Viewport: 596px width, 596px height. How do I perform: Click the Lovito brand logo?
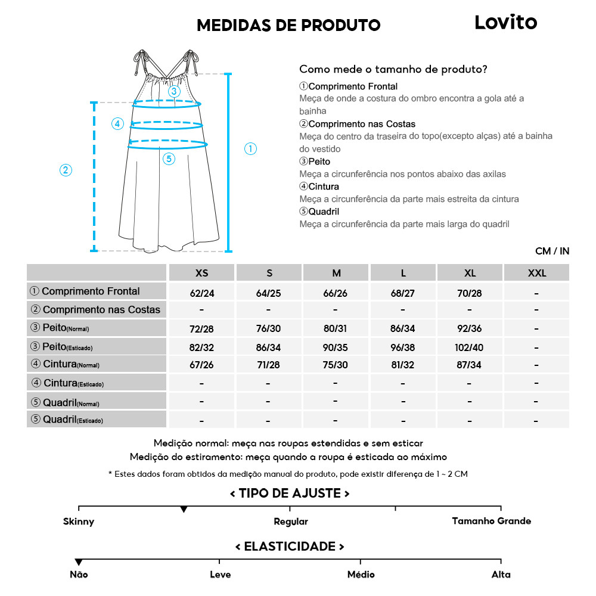point(505,23)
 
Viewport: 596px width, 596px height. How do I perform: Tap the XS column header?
point(202,273)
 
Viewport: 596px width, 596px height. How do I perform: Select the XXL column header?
point(536,273)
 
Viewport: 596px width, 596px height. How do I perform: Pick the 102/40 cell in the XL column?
point(470,347)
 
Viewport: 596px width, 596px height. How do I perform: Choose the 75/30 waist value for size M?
point(336,365)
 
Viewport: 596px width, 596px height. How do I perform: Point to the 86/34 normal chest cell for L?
point(403,329)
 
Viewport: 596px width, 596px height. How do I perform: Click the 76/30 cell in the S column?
point(269,329)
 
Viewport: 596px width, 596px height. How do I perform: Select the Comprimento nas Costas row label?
point(96,310)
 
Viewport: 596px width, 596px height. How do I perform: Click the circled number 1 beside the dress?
point(251,149)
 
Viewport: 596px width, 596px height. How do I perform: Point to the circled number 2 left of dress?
point(66,170)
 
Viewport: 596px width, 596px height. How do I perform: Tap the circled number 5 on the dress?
point(169,159)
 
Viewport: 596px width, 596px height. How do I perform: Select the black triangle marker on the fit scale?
point(184,510)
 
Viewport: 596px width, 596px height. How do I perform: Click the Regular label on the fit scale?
point(291,521)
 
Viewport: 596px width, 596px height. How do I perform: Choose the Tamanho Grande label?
point(491,521)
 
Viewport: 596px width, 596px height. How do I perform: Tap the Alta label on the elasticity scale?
point(501,575)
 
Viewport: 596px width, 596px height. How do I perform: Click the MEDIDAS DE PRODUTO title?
point(288,25)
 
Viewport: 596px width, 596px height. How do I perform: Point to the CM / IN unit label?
point(552,251)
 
